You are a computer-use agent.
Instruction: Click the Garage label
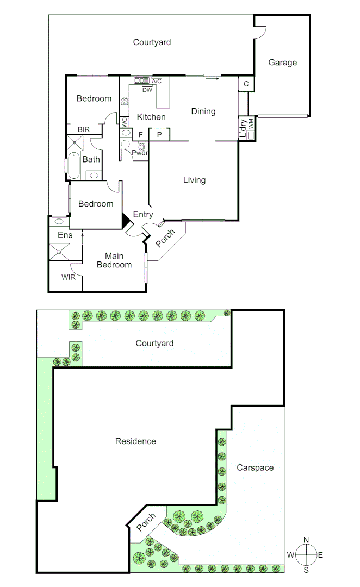click(x=282, y=63)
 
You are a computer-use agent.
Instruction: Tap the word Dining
click(x=203, y=111)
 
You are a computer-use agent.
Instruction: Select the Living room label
click(x=194, y=180)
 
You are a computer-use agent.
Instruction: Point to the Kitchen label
click(x=151, y=117)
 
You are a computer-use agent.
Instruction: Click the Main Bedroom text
click(x=114, y=260)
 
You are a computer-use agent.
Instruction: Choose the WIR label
click(x=68, y=277)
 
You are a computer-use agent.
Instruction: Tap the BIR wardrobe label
click(x=83, y=129)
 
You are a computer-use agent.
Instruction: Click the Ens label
click(x=65, y=235)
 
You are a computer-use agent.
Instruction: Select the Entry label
click(x=143, y=215)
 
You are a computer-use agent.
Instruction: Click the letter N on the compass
click(x=306, y=540)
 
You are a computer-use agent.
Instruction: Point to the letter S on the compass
click(x=306, y=570)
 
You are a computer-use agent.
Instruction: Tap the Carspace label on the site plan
click(x=255, y=467)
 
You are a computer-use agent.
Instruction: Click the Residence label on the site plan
click(x=135, y=441)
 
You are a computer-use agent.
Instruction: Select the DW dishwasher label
click(x=147, y=90)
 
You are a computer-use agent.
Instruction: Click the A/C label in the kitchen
click(x=157, y=82)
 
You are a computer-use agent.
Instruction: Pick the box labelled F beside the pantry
click(x=140, y=134)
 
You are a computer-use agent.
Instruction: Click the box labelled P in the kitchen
click(x=160, y=134)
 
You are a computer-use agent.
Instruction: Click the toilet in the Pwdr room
click(x=142, y=147)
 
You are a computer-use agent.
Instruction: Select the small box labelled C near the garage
click(x=246, y=84)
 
